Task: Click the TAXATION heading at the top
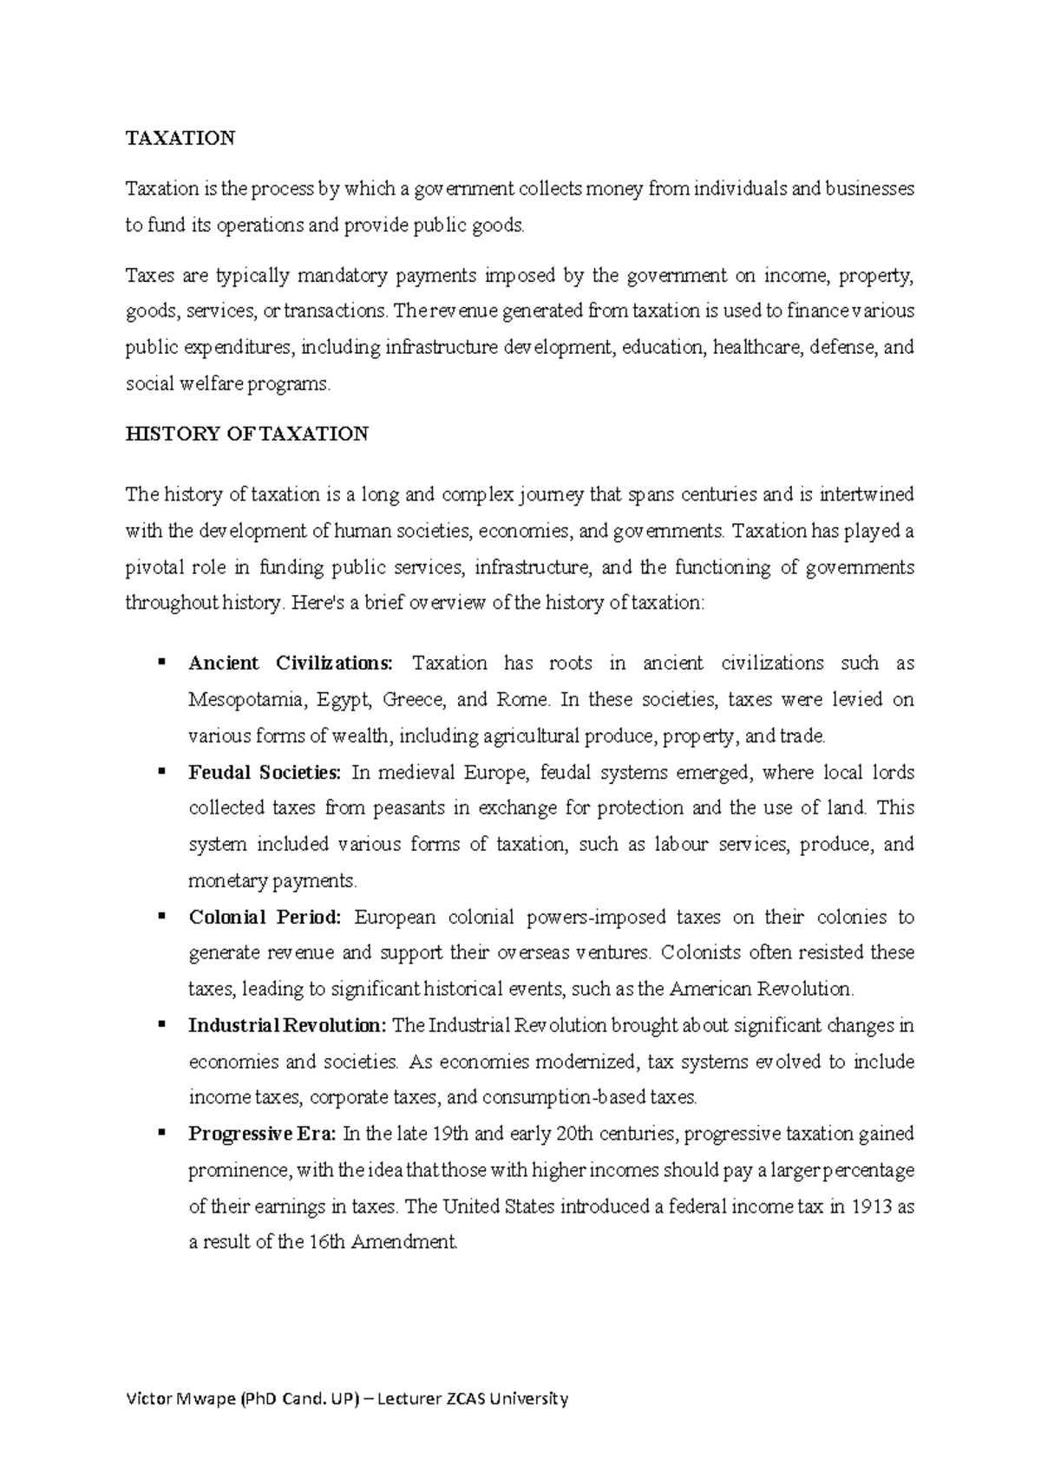(x=180, y=139)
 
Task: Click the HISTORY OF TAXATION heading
(x=247, y=435)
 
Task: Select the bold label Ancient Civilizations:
(x=291, y=664)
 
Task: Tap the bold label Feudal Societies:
(x=265, y=773)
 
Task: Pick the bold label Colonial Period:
(x=265, y=918)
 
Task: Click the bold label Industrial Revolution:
(x=287, y=1026)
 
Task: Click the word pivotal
(x=153, y=568)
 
